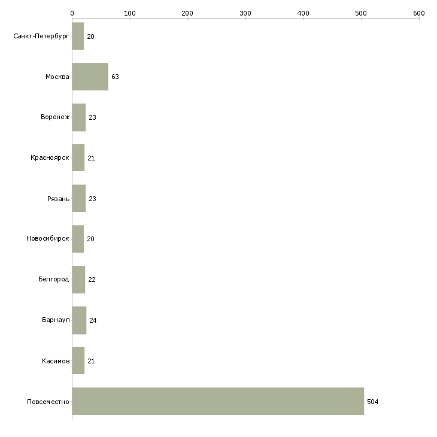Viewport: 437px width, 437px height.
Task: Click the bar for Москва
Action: [x=90, y=77]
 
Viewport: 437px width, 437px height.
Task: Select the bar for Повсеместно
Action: [x=218, y=401]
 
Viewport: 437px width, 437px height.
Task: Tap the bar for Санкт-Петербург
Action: [x=78, y=36]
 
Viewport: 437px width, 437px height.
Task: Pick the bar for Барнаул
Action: [x=79, y=320]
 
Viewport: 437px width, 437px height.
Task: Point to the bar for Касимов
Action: [x=78, y=360]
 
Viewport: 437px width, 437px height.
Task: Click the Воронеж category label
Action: [x=55, y=117]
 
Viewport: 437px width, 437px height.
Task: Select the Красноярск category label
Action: [x=50, y=158]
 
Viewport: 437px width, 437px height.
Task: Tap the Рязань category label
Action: [x=58, y=198]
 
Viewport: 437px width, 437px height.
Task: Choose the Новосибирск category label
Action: [x=47, y=239]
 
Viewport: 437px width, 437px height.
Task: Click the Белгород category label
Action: [x=53, y=280]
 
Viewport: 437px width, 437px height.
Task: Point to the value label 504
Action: [x=372, y=402]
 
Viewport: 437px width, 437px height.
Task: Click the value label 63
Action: [x=115, y=77]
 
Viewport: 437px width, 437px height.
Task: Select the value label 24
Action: [x=93, y=320]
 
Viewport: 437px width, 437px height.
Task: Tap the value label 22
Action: [x=92, y=280]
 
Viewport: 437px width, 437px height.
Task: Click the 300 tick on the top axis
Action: [x=245, y=13]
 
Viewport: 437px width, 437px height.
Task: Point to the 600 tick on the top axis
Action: [x=418, y=13]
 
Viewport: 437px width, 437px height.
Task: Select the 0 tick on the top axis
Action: [x=72, y=13]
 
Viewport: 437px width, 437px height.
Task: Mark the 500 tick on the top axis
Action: [x=361, y=13]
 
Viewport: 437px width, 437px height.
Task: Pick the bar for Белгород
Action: [x=78, y=280]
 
